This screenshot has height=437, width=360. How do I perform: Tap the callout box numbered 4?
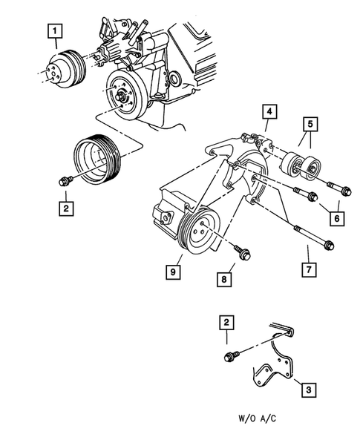click(270, 114)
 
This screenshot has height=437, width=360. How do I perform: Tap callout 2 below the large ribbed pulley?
click(66, 208)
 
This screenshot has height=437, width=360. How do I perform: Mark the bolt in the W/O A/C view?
click(230, 358)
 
